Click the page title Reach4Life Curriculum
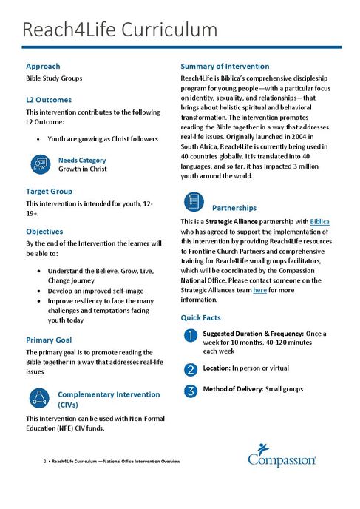point(120,30)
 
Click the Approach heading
point(43,66)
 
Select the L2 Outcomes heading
point(49,99)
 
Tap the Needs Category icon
point(39,164)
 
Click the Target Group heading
point(52,192)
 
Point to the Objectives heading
point(44,232)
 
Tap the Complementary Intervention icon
point(39,398)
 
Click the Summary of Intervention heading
point(225,66)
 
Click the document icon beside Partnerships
point(192,201)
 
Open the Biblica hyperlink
point(319,221)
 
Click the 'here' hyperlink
point(259,291)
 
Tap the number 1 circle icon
point(190,336)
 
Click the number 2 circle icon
point(190,368)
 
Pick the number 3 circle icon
point(190,390)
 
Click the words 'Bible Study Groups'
point(54,78)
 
